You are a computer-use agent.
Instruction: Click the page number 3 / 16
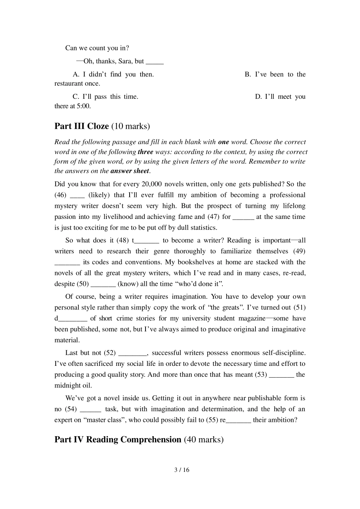[182, 470]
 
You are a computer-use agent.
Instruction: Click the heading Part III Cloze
[81, 126]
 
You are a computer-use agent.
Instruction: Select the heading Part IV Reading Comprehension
[118, 439]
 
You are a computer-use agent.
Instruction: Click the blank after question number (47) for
[243, 217]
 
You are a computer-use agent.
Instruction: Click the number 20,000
[151, 184]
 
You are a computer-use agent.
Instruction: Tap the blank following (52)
[133, 353]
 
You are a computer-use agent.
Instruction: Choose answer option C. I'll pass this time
[105, 97]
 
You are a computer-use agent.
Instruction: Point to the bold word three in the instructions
[146, 152]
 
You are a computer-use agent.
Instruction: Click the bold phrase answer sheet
[130, 171]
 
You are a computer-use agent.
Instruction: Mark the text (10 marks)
[130, 126]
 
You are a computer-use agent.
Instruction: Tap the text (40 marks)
[203, 439]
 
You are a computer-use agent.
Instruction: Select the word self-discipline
[284, 353]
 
